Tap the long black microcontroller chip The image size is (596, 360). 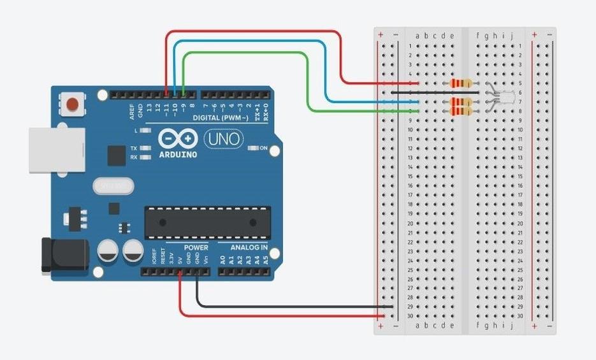(207, 222)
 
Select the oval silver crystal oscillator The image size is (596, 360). (113, 186)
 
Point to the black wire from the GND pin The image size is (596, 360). (287, 306)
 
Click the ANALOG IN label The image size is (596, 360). (242, 247)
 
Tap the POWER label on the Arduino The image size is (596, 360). (196, 247)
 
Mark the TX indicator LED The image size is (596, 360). (146, 148)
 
